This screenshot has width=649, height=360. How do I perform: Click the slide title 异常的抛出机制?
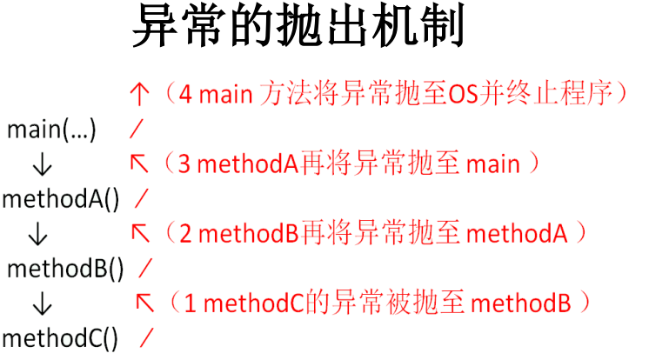pyautogui.click(x=298, y=28)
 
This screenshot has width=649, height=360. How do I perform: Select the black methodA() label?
pyautogui.click(x=60, y=199)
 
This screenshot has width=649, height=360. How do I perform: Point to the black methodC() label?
pyautogui.click(x=60, y=337)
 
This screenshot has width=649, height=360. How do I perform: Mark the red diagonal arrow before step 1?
pyautogui.click(x=145, y=302)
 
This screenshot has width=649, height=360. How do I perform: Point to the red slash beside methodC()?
pyautogui.click(x=147, y=337)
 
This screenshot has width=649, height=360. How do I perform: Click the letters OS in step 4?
pyautogui.click(x=463, y=93)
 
